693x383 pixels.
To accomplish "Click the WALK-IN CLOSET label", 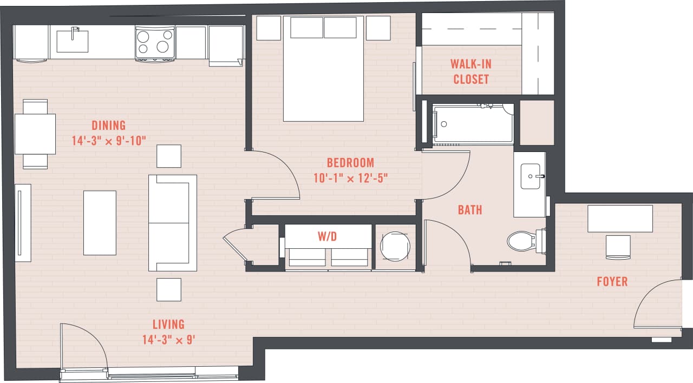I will (470, 71).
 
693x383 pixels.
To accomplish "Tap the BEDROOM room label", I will (350, 162).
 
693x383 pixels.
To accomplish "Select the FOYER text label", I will (612, 281).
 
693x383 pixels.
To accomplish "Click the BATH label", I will (469, 210).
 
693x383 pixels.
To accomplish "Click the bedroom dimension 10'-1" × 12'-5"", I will (350, 177).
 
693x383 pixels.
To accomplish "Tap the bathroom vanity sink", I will (530, 176).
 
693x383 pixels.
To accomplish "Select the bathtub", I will (473, 124).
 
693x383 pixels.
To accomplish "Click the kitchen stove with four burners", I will (154, 43).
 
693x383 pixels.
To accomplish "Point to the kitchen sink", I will (72, 41).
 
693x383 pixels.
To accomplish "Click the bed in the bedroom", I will (323, 69).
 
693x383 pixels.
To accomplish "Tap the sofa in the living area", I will (173, 223).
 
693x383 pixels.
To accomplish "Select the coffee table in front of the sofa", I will (100, 222).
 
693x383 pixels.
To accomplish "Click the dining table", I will (35, 134).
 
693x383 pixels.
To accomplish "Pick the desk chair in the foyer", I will (618, 247).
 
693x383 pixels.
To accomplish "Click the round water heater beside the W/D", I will (395, 247).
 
